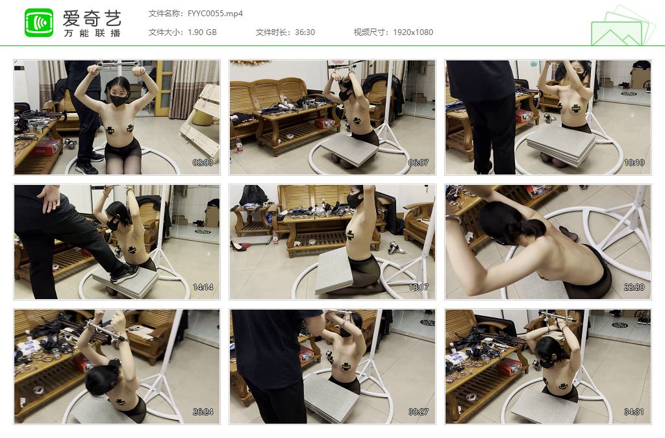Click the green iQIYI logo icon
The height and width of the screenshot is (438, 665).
[39, 23]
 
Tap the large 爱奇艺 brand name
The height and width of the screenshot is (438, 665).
[92, 18]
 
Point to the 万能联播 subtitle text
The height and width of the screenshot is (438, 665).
[92, 33]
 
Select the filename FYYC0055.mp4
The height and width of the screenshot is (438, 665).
[216, 14]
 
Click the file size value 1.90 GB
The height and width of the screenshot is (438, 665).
[203, 32]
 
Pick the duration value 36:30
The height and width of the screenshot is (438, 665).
[305, 32]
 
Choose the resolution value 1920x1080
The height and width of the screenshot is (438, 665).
[413, 32]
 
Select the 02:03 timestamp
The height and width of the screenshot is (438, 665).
[203, 163]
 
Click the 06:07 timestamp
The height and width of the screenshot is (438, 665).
[418, 163]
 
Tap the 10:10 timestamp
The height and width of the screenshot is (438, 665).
[634, 163]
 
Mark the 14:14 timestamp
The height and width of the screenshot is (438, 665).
[203, 287]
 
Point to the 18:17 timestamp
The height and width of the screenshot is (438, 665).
[418, 287]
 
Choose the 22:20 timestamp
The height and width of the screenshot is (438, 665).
[634, 287]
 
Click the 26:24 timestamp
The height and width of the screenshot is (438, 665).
[203, 412]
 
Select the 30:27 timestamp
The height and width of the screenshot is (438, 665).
[418, 412]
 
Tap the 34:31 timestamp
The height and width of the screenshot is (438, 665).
[634, 412]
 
